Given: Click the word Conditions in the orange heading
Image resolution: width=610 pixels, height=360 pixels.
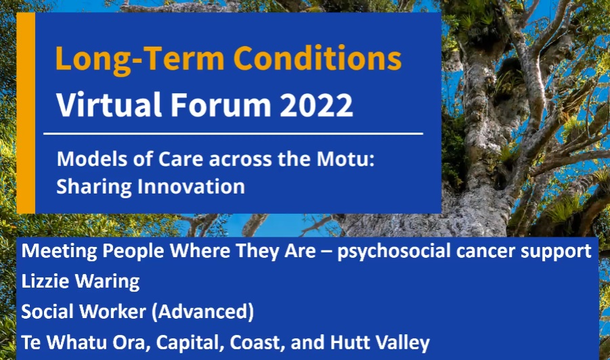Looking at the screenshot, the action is pos(317,58).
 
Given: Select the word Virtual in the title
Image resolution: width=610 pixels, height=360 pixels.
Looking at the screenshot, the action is pos(109,104).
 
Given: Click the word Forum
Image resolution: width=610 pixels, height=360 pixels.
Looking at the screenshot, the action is pos(221,105).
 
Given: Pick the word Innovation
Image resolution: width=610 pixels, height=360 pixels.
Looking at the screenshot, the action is pos(192,186).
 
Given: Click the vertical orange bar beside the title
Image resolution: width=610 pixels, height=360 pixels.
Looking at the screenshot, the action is pos(26,113).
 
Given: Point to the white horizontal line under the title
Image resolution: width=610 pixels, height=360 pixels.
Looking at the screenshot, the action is pos(233,134).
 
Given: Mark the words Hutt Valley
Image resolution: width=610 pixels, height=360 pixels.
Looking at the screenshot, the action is pos(380,342).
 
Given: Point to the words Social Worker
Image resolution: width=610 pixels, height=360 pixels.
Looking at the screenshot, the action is pos(84,311).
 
